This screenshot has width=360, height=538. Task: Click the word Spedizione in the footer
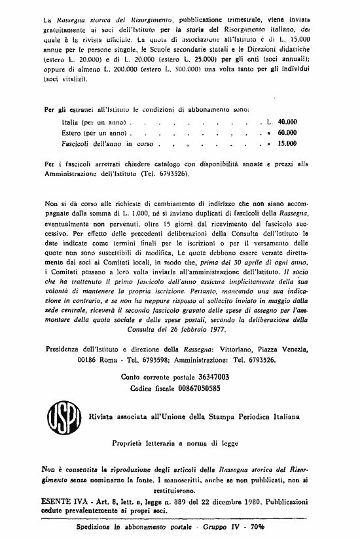(96, 526)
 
